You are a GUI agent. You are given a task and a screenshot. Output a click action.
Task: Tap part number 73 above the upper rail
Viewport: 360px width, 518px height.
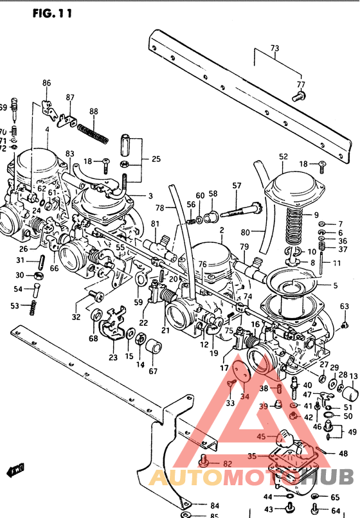(274, 48)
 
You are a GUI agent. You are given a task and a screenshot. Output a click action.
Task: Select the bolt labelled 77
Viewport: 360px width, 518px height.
(297, 97)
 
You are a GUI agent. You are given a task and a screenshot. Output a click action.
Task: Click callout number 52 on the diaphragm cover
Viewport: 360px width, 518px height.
(283, 156)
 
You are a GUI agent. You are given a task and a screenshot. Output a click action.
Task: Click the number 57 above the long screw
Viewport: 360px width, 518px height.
(237, 186)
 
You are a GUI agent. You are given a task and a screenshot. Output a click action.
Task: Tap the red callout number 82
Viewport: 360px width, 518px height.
(227, 463)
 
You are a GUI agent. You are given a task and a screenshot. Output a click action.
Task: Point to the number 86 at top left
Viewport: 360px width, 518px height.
(46, 83)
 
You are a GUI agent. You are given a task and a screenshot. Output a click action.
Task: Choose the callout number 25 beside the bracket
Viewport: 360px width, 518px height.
(156, 159)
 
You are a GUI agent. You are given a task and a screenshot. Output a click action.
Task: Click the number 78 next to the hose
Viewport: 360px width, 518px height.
(159, 208)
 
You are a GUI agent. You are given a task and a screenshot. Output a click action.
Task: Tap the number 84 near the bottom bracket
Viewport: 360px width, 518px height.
(196, 505)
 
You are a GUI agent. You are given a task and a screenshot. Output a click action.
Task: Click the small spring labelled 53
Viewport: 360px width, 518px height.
(31, 308)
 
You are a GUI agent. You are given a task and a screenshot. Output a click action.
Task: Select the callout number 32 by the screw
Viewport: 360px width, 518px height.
(76, 317)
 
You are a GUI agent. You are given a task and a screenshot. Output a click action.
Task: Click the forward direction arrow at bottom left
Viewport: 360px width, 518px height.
(12, 470)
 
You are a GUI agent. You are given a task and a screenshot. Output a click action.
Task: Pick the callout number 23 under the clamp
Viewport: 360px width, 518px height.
(113, 358)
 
